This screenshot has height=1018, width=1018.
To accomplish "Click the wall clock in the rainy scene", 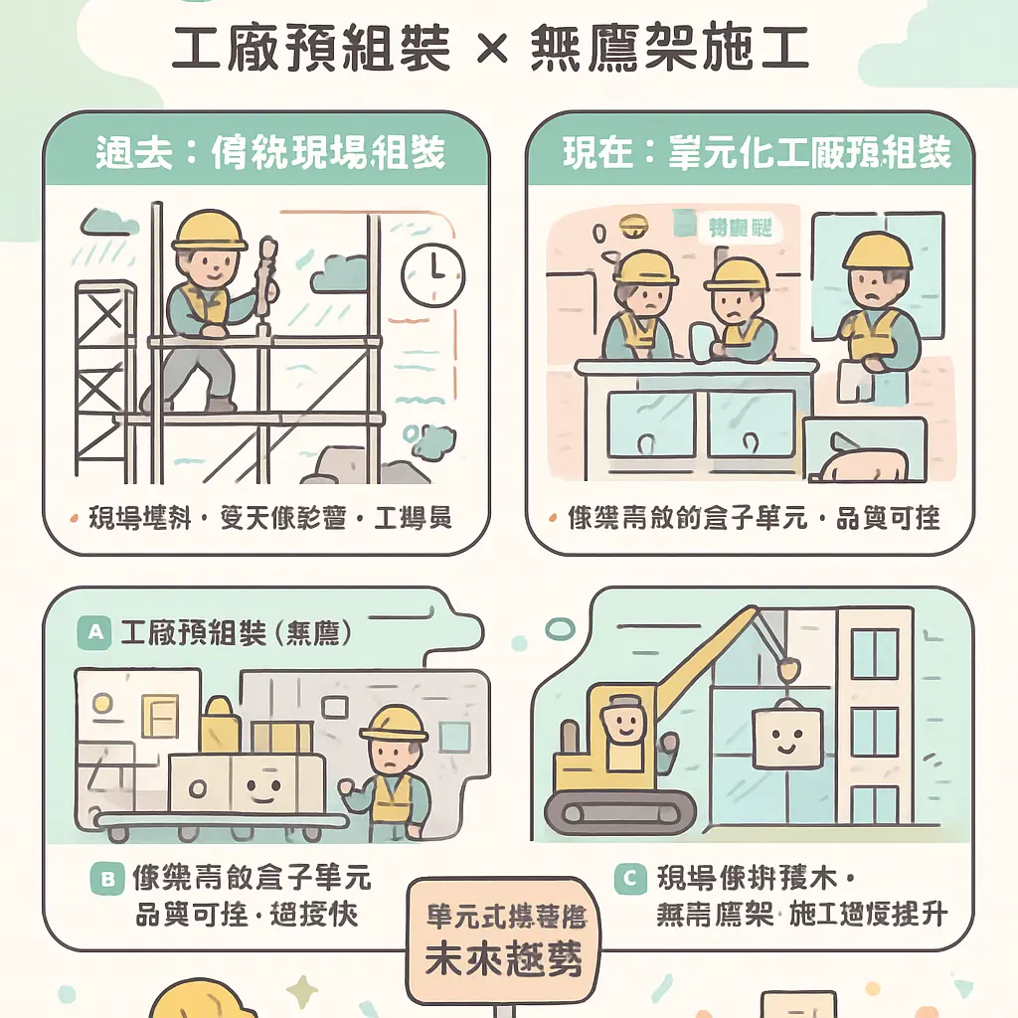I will (x=432, y=274).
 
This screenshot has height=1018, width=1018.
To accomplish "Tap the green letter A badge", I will (x=94, y=632).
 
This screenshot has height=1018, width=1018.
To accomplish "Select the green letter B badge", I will (x=105, y=878).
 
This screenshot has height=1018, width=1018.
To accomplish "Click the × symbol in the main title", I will (x=494, y=47).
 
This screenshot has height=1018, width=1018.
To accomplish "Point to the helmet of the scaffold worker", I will (x=208, y=231).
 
